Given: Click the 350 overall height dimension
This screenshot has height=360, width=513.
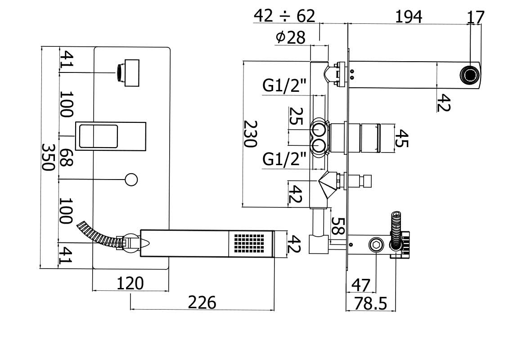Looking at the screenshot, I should coord(48,157).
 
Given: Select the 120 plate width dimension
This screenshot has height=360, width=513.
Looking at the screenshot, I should coord(130,283).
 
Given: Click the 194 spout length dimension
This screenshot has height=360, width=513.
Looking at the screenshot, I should coord(409,17).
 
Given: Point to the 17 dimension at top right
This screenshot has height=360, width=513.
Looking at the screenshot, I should coord(475,17).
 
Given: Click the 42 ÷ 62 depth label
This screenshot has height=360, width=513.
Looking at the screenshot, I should coord(284,16).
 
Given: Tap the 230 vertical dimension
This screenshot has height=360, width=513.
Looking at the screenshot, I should coord(250,133).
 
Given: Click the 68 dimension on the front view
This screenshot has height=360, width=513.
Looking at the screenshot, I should coord(66,157).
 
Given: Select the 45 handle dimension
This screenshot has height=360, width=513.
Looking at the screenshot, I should coord(402,139).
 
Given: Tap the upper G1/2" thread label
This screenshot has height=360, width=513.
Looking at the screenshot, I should coord(284,85).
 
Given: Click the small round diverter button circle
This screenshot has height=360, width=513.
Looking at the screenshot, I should coord(131,180).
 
